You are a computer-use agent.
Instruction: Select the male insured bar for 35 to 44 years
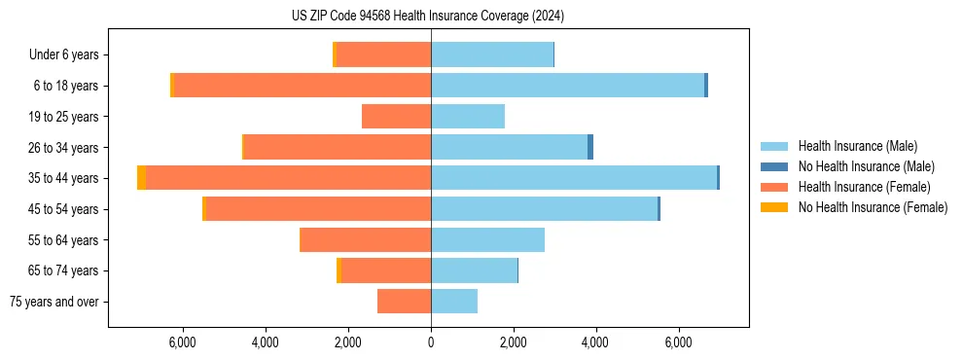pyautogui.click(x=574, y=178)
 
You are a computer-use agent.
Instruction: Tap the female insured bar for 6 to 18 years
pyautogui.click(x=302, y=86)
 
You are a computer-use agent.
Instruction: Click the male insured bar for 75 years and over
pyautogui.click(x=454, y=302)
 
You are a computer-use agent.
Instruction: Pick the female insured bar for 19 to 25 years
pyautogui.click(x=396, y=117)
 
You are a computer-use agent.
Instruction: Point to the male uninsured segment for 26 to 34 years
pyautogui.click(x=590, y=147)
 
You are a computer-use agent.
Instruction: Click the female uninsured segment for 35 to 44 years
pyautogui.click(x=142, y=178)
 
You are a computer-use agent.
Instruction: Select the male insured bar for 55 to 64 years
pyautogui.click(x=487, y=240)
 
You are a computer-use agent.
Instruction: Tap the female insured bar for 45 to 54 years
pyautogui.click(x=318, y=209)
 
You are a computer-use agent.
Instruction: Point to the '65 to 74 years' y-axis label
pyautogui.click(x=64, y=270)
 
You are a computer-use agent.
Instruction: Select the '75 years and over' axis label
pyautogui.click(x=54, y=302)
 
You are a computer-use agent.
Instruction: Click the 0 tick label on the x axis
pyautogui.click(x=431, y=342)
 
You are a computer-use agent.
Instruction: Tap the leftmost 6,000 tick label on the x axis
pyautogui.click(x=183, y=342)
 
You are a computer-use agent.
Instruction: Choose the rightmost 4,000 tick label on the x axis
pyautogui.click(x=595, y=342)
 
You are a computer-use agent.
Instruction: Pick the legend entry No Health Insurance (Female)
pyautogui.click(x=872, y=207)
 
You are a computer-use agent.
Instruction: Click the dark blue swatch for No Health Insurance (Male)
pyautogui.click(x=774, y=166)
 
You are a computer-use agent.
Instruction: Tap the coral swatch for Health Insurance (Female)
pyautogui.click(x=774, y=187)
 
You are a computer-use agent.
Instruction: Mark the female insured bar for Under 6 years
pyautogui.click(x=383, y=55)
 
